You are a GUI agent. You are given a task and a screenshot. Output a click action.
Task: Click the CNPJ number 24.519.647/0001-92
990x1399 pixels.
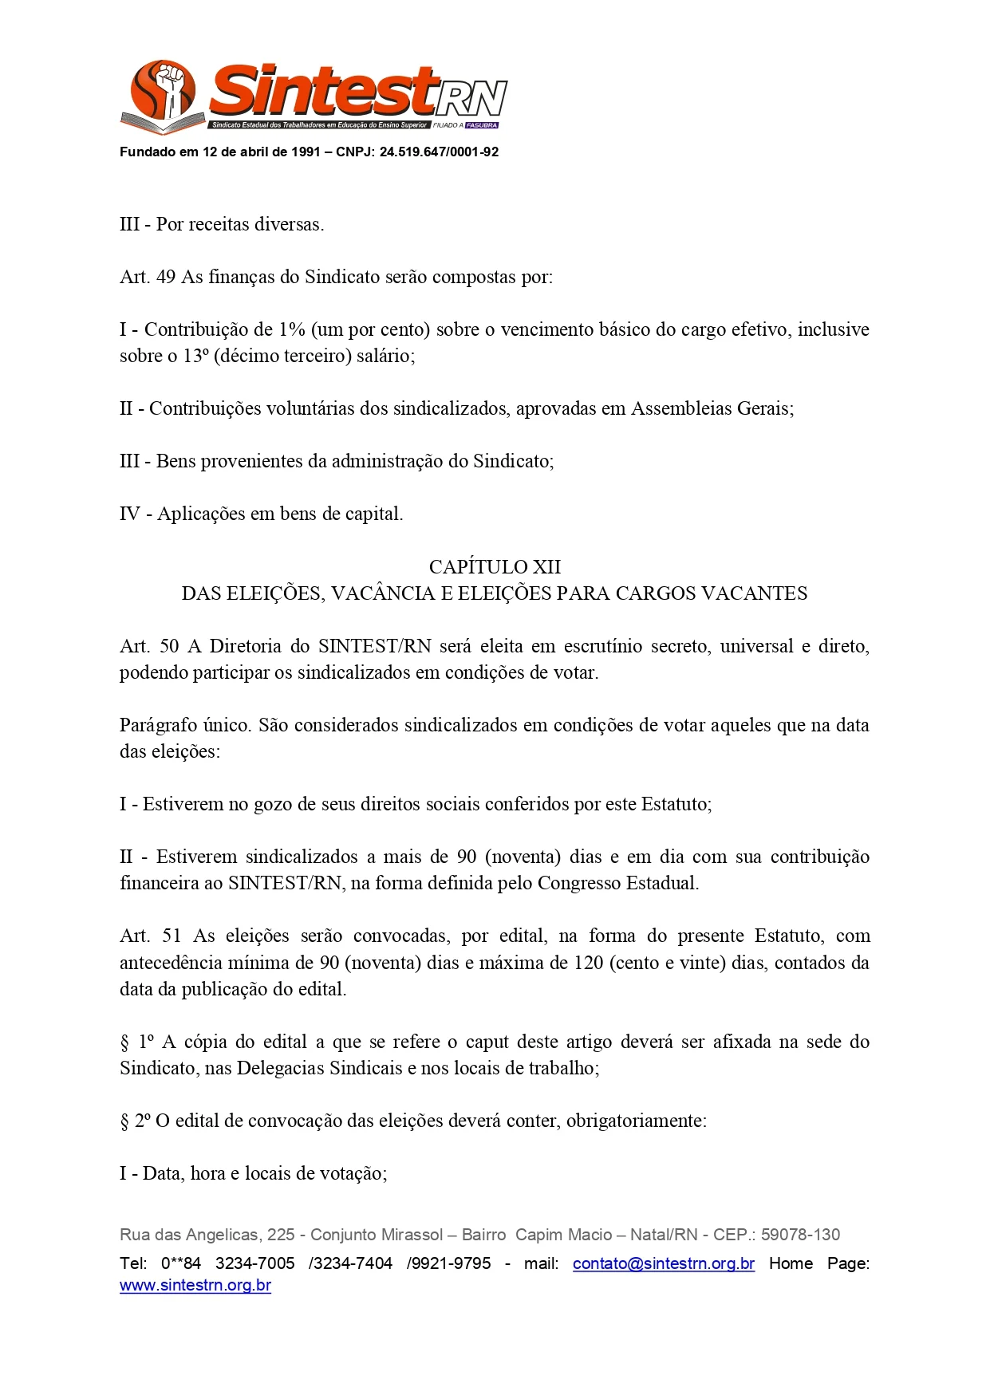(x=439, y=152)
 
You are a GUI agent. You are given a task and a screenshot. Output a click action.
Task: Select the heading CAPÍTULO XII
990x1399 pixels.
(x=495, y=566)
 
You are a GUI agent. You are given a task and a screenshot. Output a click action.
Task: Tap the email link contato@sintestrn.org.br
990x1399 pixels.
(x=664, y=1263)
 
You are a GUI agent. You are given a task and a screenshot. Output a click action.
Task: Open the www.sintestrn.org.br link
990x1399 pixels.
(x=195, y=1286)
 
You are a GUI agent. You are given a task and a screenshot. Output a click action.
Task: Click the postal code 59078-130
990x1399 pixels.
(x=800, y=1235)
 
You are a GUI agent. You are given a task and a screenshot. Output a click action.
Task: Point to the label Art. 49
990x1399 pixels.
(x=148, y=277)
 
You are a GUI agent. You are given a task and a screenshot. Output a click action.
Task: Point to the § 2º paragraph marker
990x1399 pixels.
(x=135, y=1121)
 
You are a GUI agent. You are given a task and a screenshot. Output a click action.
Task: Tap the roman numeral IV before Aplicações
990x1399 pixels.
(x=130, y=514)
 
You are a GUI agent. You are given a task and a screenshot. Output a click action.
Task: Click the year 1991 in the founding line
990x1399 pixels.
(x=306, y=152)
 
